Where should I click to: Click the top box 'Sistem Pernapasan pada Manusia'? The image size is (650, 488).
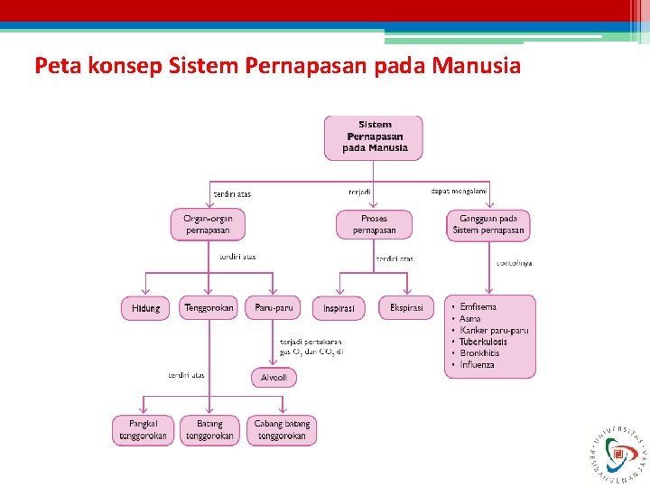click(x=374, y=137)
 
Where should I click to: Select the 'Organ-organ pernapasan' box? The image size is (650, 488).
click(x=208, y=224)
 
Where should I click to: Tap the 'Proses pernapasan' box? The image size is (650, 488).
click(x=374, y=224)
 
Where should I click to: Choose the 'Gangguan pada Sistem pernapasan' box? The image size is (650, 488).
click(x=488, y=224)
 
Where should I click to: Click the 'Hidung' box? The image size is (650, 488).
click(x=145, y=308)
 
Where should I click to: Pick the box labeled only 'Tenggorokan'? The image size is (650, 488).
click(x=209, y=308)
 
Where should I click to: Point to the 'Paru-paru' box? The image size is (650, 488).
click(x=274, y=308)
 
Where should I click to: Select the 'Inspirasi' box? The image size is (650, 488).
click(x=339, y=308)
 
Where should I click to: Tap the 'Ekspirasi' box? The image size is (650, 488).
click(x=406, y=308)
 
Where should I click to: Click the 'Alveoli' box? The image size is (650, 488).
click(x=274, y=377)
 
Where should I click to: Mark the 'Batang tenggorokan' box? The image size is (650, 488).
click(x=209, y=430)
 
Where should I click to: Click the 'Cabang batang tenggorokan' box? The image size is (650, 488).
click(x=282, y=430)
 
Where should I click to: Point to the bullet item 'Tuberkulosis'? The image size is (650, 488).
click(x=483, y=342)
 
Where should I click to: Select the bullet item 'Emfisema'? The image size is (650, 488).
click(x=478, y=307)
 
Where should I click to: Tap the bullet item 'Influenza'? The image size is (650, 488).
click(x=477, y=365)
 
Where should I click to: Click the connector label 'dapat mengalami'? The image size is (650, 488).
click(x=459, y=191)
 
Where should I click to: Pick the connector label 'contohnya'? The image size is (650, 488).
click(x=514, y=264)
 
